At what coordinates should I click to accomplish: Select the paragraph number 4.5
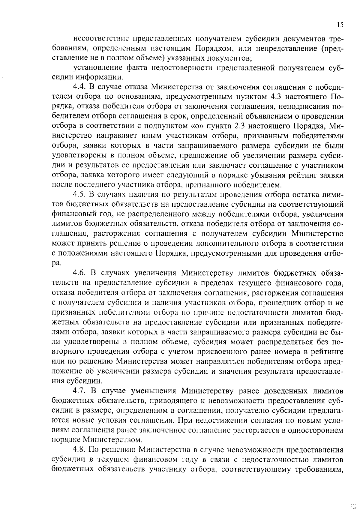click(80, 195)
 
